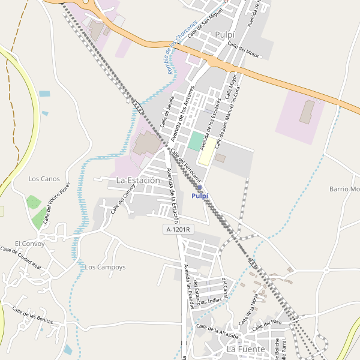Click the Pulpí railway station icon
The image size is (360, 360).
click(199, 188)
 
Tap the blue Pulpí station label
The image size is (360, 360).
click(200, 196)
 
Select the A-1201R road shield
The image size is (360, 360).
click(179, 229)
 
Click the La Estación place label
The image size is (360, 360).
click(138, 180)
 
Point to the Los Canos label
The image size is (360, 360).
click(44, 179)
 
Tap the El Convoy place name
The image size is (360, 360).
click(26, 244)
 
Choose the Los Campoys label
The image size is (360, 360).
click(106, 267)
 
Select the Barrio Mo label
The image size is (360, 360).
click(344, 189)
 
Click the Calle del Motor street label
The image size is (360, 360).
click(244, 52)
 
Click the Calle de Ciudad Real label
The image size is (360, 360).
click(21, 257)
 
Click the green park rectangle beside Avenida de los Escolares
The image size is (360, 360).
click(196, 142)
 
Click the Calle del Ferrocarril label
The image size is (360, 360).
click(185, 164)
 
